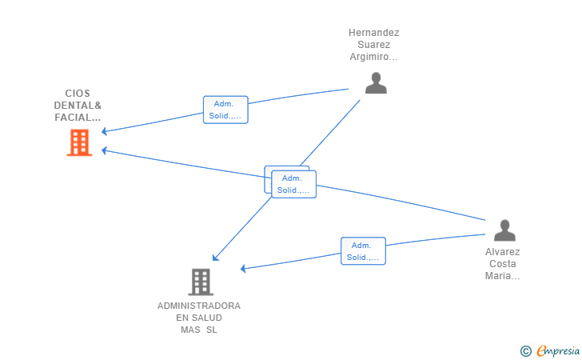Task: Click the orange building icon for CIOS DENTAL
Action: (79, 142)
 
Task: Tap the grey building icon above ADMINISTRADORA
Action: (201, 282)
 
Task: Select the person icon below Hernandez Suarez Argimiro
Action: (376, 83)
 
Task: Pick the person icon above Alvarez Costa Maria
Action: (504, 230)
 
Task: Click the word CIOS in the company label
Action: (78, 94)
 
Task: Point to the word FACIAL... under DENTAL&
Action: (78, 118)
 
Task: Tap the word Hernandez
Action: (374, 33)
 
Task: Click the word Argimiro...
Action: (374, 57)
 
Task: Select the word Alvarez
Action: (503, 252)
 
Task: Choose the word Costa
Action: (503, 264)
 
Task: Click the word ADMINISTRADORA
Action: (199, 306)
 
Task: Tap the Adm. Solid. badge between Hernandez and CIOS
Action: (225, 110)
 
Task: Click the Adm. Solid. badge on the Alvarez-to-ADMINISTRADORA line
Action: (364, 251)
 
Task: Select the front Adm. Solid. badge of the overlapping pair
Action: (294, 184)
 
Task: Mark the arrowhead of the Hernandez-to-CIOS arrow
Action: (104, 131)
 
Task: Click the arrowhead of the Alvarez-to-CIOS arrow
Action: (104, 150)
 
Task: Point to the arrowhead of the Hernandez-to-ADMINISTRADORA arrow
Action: (215, 258)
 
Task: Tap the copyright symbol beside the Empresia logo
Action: (526, 350)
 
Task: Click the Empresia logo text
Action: (558, 350)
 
